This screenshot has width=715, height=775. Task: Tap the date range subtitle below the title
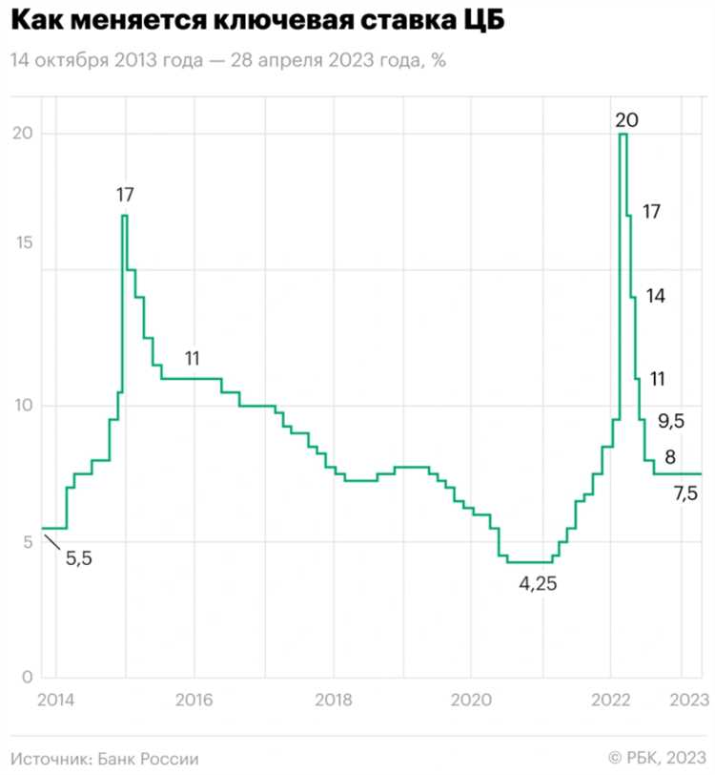(x=229, y=60)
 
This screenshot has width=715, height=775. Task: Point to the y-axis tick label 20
(x=21, y=133)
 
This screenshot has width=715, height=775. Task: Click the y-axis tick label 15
(x=21, y=242)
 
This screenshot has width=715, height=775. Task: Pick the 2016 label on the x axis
(x=194, y=699)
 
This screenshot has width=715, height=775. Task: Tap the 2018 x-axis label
(x=333, y=699)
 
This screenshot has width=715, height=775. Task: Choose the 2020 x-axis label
(x=471, y=699)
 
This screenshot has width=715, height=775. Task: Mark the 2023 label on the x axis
(x=688, y=699)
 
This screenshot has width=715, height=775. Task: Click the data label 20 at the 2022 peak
(x=626, y=119)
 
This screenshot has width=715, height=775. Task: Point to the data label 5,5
(x=79, y=559)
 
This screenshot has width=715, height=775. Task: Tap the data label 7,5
(x=686, y=493)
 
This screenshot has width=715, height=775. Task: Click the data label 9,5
(x=671, y=420)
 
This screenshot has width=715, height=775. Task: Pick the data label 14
(x=655, y=296)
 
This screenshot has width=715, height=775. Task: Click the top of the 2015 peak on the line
(x=124, y=216)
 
